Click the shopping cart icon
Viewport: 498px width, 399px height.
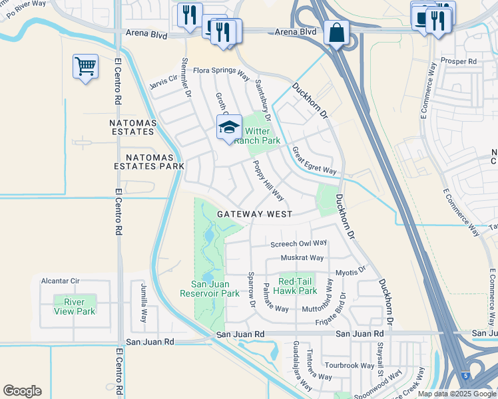click(85, 66)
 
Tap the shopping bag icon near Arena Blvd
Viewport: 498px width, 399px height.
click(336, 32)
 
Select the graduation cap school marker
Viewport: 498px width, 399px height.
click(228, 127)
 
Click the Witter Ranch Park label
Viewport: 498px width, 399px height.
click(261, 136)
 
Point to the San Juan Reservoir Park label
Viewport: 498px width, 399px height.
click(210, 289)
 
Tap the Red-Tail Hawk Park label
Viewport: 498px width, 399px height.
click(297, 286)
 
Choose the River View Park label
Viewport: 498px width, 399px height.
click(75, 307)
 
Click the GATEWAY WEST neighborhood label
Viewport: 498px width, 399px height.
click(254, 214)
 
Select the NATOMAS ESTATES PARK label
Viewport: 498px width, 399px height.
click(148, 161)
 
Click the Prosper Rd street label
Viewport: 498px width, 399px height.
click(463, 61)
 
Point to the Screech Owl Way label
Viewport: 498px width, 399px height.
click(298, 244)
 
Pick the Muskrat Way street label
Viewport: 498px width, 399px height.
click(302, 258)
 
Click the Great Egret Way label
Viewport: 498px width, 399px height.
click(314, 160)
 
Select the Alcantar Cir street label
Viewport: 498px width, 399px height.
click(61, 281)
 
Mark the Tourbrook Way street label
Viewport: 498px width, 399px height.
click(350, 365)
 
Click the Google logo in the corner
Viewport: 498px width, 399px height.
click(22, 391)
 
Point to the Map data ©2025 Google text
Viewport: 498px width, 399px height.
click(457, 394)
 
